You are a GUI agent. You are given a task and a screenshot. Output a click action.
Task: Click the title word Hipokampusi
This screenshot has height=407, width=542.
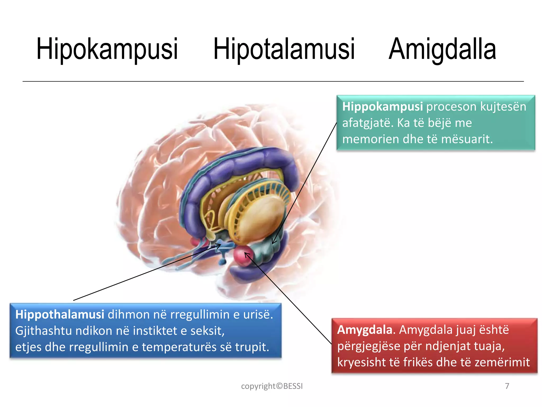(107, 49)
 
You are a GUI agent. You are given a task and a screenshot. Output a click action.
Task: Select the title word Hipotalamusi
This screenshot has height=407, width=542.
(284, 49)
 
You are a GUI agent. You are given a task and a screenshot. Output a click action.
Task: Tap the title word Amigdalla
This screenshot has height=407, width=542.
(442, 49)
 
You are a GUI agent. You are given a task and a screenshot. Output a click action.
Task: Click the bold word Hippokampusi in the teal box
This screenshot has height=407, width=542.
(382, 107)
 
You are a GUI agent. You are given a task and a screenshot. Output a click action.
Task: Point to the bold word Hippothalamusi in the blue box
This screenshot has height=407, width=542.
(60, 315)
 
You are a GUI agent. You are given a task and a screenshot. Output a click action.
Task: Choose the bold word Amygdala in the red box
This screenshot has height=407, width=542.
(364, 330)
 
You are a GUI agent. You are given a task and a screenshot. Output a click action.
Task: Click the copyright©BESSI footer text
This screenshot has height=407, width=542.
(272, 386)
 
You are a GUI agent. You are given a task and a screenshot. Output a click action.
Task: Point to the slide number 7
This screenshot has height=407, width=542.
(507, 386)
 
